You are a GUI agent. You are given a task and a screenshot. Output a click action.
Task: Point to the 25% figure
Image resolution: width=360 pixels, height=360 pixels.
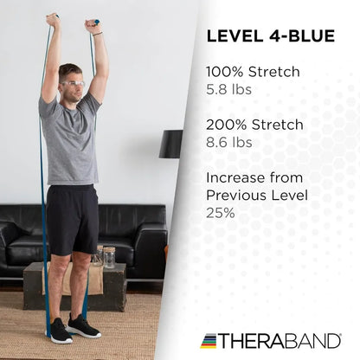click(x=221, y=210)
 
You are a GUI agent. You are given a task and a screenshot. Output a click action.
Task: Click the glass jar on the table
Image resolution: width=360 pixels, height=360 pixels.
click(x=108, y=256)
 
